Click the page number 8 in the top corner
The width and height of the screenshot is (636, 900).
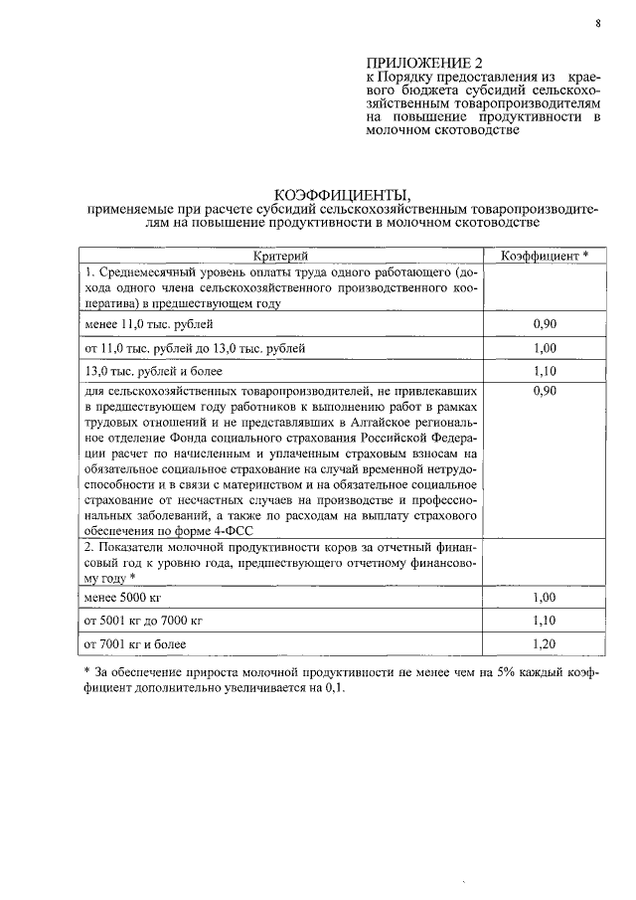tap(599, 22)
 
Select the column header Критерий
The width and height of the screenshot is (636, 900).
tap(281, 256)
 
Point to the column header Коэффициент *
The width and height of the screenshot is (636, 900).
tap(544, 256)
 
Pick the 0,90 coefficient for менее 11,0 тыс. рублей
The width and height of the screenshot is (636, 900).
tap(543, 324)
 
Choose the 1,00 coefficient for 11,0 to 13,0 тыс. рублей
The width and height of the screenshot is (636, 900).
tap(543, 349)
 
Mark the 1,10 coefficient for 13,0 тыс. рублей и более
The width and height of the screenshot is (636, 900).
tap(543, 373)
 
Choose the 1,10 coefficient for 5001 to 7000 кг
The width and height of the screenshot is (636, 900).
tap(543, 621)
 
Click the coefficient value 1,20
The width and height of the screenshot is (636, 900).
tap(543, 644)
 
